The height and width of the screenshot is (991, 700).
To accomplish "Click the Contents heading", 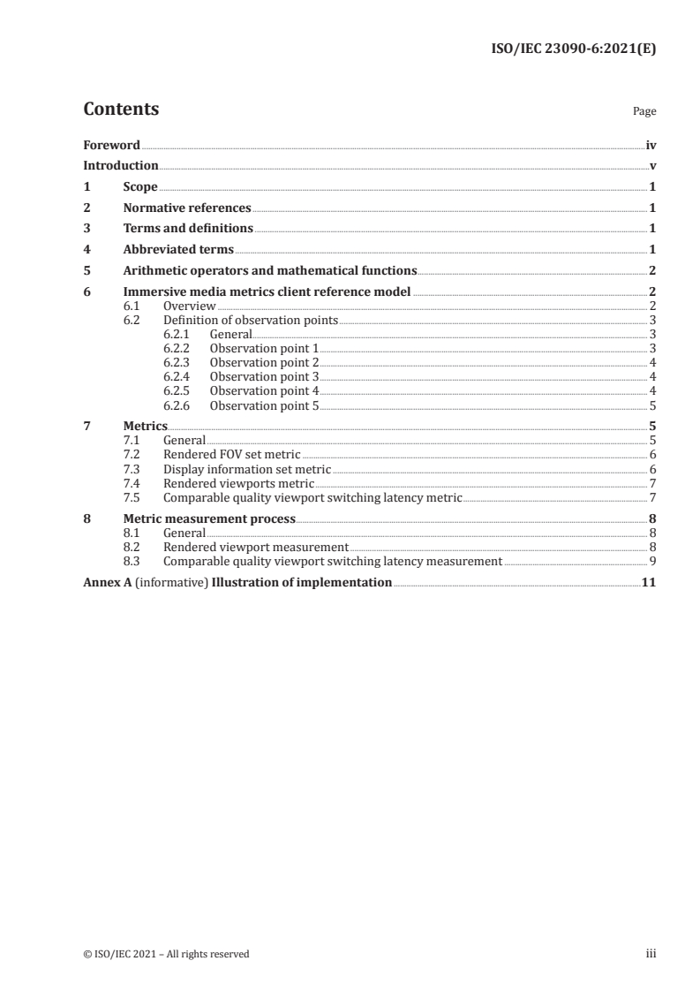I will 121,110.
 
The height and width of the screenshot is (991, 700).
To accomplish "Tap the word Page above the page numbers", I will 644,112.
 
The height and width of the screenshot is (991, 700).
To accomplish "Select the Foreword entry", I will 111,145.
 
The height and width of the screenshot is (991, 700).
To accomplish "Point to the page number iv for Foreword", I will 651,145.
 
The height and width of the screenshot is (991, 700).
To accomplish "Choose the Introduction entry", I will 121,166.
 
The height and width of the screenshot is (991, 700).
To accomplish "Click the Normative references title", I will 187,208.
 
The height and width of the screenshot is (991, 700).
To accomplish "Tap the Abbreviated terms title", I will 178,250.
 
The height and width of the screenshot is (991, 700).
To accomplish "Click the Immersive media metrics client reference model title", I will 267,292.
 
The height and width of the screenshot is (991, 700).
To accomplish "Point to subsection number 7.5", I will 131,497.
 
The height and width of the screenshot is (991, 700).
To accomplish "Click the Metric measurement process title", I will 209,518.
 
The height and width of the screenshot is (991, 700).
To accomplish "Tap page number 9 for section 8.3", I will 651,561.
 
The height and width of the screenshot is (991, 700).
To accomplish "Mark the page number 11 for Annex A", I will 649,582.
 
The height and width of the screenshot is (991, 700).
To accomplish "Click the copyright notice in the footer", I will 166,953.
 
